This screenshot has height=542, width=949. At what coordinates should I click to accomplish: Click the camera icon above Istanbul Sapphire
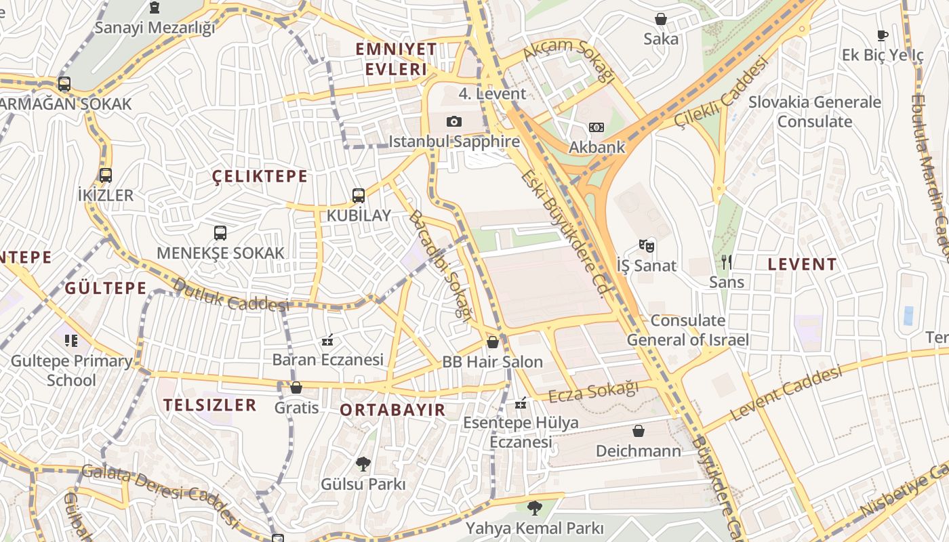click(454, 122)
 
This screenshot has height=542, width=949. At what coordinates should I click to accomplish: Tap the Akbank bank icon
click(596, 127)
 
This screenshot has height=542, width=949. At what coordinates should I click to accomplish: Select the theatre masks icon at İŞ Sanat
click(647, 246)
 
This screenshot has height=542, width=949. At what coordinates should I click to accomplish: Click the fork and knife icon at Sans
click(726, 262)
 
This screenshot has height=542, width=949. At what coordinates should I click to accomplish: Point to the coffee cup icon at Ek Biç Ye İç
click(882, 36)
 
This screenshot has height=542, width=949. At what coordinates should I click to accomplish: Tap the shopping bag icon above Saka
click(660, 19)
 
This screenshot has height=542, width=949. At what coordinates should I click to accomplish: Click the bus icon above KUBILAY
click(359, 196)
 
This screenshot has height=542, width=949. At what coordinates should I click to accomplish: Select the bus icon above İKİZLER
click(105, 175)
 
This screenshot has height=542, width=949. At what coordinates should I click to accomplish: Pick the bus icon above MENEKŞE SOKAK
click(220, 233)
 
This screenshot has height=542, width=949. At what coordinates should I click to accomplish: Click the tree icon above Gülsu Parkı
click(363, 464)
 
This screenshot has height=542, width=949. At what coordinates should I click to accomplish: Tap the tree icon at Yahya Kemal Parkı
click(535, 507)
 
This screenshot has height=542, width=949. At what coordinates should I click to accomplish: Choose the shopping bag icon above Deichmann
click(638, 431)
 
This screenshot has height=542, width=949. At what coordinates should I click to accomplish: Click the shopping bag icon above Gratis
click(296, 388)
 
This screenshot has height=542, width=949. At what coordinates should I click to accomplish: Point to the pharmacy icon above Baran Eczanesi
click(327, 339)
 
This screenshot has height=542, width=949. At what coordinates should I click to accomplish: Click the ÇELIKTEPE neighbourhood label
click(260, 177)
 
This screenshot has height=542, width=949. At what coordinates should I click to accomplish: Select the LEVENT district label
click(802, 265)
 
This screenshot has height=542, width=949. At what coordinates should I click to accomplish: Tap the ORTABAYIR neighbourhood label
click(392, 410)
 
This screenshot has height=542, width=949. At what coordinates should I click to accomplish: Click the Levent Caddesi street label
click(786, 393)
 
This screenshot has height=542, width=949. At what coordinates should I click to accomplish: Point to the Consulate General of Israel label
click(687, 330)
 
